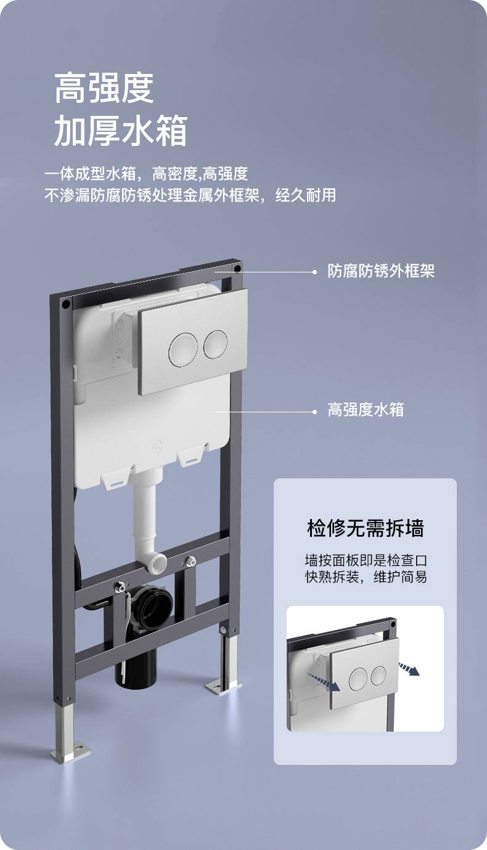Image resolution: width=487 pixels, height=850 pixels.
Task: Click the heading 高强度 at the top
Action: (104, 88)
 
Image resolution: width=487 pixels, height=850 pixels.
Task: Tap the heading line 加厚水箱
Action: (121, 130)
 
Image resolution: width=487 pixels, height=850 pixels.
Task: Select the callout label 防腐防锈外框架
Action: (381, 271)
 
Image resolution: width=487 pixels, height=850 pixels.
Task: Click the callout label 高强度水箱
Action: (366, 410)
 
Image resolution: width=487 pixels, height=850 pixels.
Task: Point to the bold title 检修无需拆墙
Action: (365, 528)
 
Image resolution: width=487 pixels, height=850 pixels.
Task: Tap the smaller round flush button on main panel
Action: (215, 344)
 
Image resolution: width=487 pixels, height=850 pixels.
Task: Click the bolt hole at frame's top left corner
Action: (66, 303)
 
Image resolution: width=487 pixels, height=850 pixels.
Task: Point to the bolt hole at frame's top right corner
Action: (237, 269)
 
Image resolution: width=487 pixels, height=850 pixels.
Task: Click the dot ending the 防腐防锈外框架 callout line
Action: (314, 272)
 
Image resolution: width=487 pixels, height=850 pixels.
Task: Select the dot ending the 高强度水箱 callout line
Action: (314, 412)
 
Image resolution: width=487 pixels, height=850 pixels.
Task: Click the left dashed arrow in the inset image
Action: (323, 681)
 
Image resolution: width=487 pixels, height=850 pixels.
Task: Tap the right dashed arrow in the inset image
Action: (409, 669)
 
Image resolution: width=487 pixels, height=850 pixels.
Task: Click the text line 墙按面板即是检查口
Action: (366, 560)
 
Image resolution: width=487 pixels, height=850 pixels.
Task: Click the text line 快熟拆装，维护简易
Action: (366, 577)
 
